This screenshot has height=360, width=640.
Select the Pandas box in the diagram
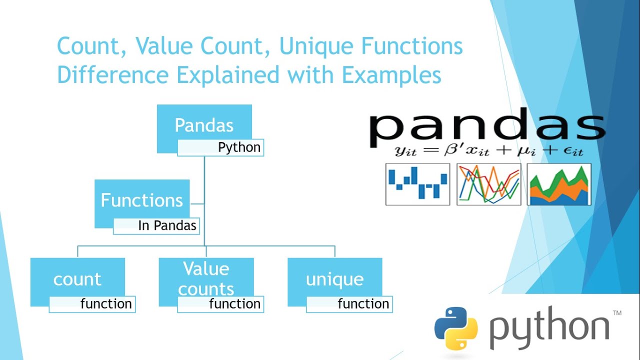tap(204, 125)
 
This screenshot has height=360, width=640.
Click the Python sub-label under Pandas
tap(239, 148)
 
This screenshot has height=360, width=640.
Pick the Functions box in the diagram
tap(142, 200)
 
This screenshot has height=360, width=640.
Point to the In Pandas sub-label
tap(167, 226)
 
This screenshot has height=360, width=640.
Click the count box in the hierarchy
tap(77, 279)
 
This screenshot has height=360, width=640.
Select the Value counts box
tap(206, 278)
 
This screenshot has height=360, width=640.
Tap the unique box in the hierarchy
tap(334, 279)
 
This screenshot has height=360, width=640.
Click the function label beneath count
tap(106, 304)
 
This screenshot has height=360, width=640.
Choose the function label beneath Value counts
tap(234, 304)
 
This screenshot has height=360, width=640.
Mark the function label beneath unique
tap(363, 304)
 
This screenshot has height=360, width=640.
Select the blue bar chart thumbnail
tap(417, 184)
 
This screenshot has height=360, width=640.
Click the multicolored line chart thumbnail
tap(488, 184)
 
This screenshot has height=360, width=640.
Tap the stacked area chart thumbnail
tap(559, 184)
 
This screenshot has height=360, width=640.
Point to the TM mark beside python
tap(617, 313)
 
